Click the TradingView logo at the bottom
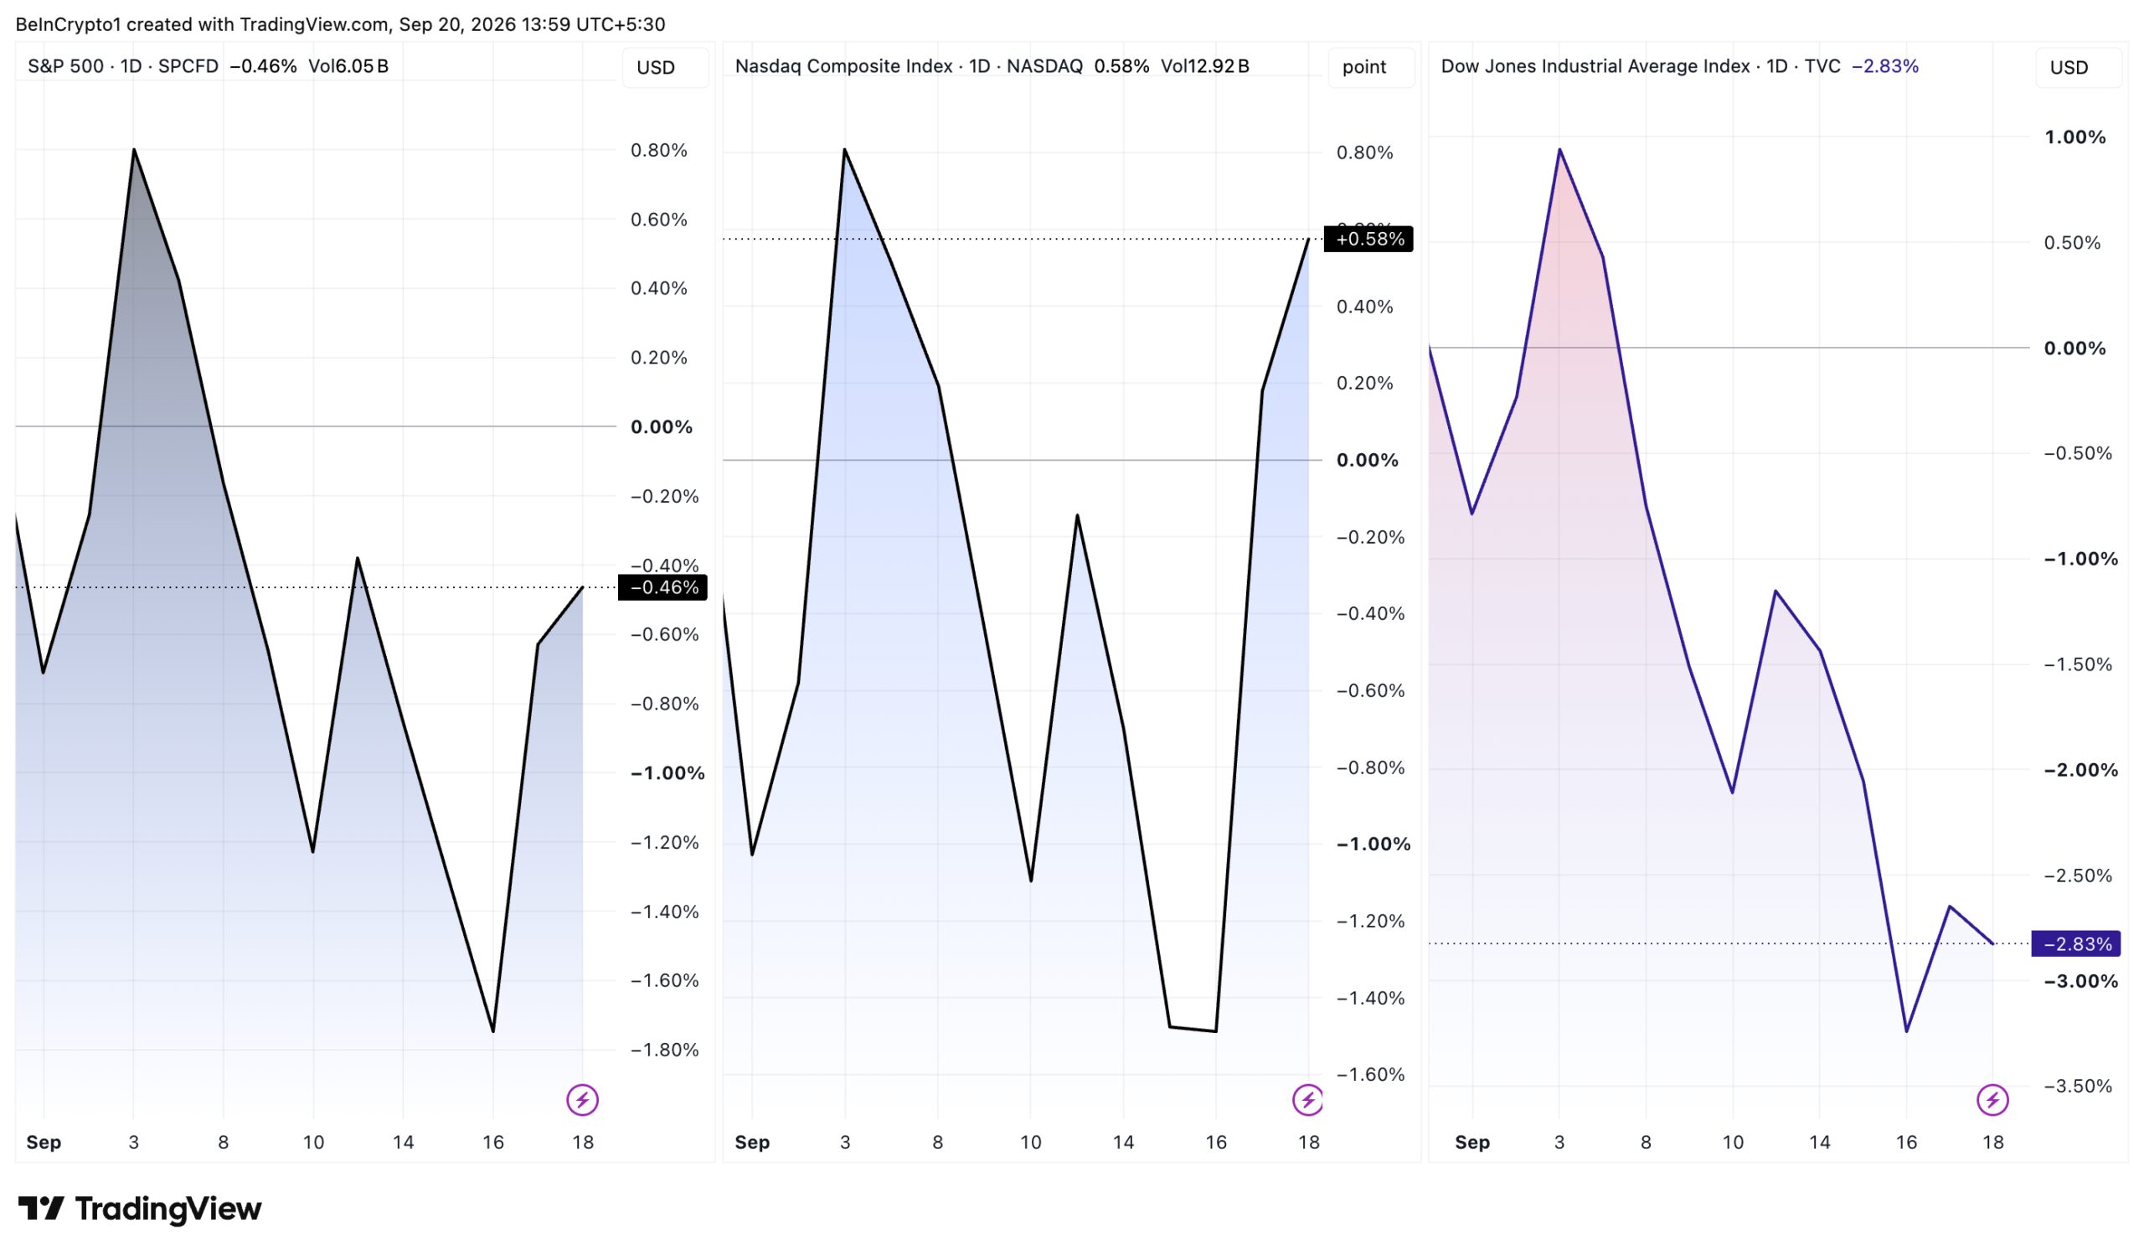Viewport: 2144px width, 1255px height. pyautogui.click(x=140, y=1208)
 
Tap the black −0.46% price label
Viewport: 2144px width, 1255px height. pyautogui.click(x=662, y=587)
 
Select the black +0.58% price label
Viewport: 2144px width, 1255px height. pyautogui.click(x=1368, y=239)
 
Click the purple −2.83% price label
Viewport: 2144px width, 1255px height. pyautogui.click(x=2076, y=943)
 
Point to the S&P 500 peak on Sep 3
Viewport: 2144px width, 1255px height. pyautogui.click(x=133, y=150)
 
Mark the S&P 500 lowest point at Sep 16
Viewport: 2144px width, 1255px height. pyautogui.click(x=493, y=1032)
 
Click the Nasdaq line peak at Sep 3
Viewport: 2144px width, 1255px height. pyautogui.click(x=844, y=150)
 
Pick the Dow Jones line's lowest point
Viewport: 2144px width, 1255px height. pyautogui.click(x=1906, y=1032)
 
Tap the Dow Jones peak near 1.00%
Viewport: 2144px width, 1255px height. pyautogui.click(x=1559, y=150)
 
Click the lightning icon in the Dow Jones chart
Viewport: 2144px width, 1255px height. pyautogui.click(x=1992, y=1100)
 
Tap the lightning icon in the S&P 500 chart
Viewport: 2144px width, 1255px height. pyautogui.click(x=583, y=1100)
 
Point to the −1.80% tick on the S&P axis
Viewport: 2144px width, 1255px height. pyautogui.click(x=664, y=1050)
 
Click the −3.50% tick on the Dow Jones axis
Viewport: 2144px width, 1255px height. pyautogui.click(x=2078, y=1086)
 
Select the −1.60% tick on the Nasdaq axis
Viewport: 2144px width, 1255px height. pyautogui.click(x=1371, y=1075)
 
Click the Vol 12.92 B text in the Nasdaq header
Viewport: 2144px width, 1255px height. pyautogui.click(x=1204, y=66)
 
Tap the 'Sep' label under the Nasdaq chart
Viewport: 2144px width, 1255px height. pyautogui.click(x=752, y=1142)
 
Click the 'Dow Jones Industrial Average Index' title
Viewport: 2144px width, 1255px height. pyautogui.click(x=1595, y=66)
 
